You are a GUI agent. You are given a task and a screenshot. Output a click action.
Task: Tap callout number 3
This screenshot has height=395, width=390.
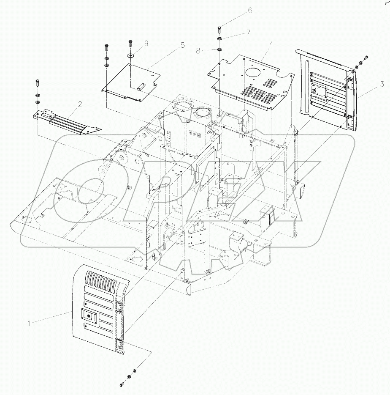(x=381, y=85)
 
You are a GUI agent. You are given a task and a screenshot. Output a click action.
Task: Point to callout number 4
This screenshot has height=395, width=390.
(x=271, y=44)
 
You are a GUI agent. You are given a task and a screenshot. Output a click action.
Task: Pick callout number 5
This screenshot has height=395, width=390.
(x=182, y=45)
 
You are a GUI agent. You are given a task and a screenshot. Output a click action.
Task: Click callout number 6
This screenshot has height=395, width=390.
(x=249, y=11)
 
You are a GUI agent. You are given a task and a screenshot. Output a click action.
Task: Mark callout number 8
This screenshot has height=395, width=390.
(x=198, y=51)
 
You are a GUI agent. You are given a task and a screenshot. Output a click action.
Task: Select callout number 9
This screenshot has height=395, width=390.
(x=146, y=43)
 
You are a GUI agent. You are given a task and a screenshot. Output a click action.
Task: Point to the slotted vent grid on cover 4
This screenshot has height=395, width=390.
(x=262, y=93)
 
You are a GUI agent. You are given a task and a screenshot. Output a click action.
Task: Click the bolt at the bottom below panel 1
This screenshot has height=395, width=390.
(x=122, y=383)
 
